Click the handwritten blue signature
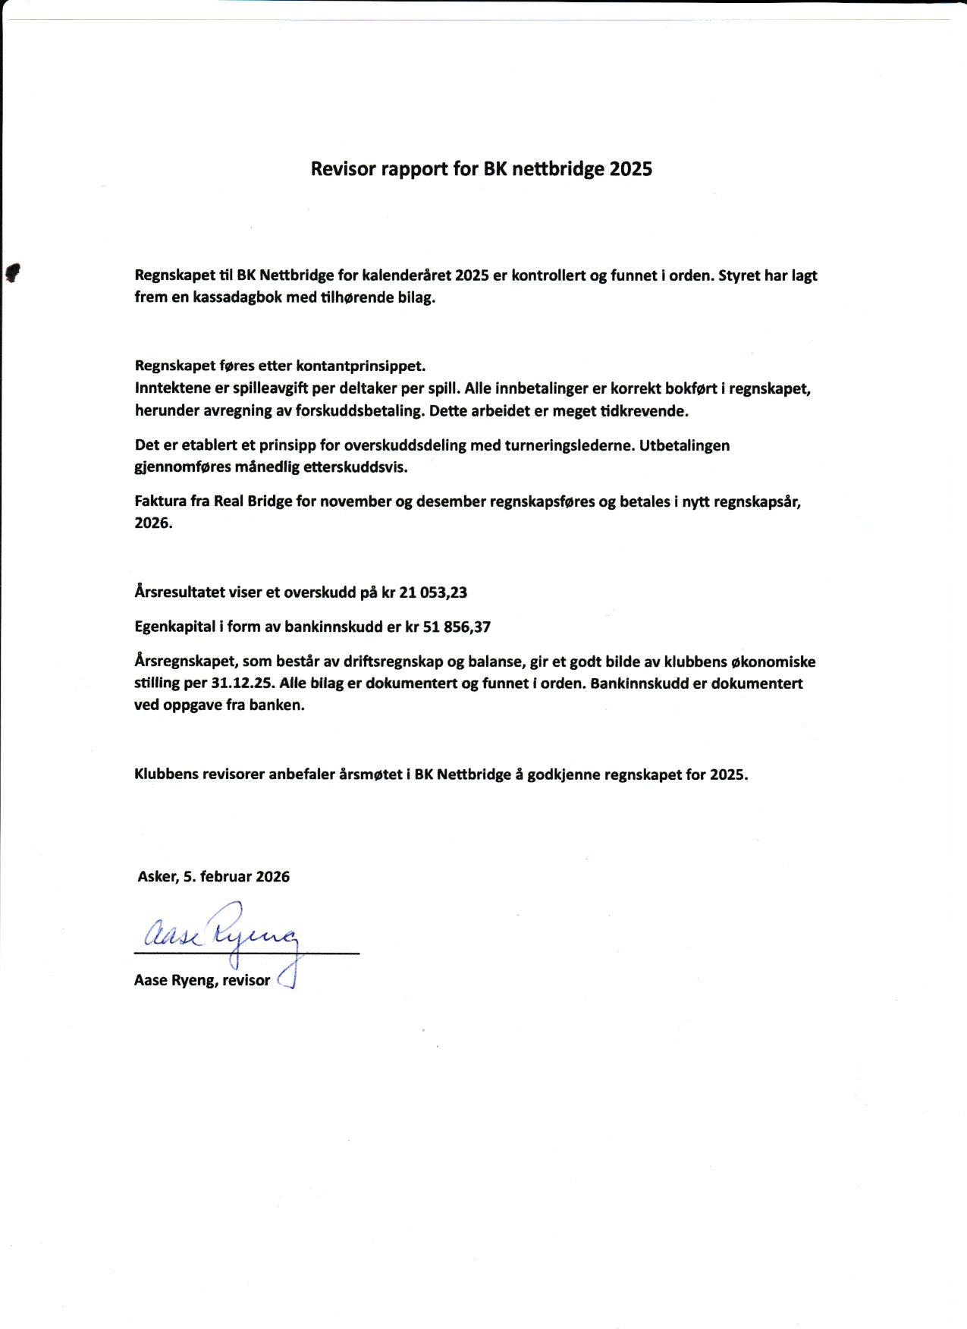point(221,934)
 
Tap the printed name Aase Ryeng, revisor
point(203,980)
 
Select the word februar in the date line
point(226,877)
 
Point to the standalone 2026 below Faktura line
point(153,523)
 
